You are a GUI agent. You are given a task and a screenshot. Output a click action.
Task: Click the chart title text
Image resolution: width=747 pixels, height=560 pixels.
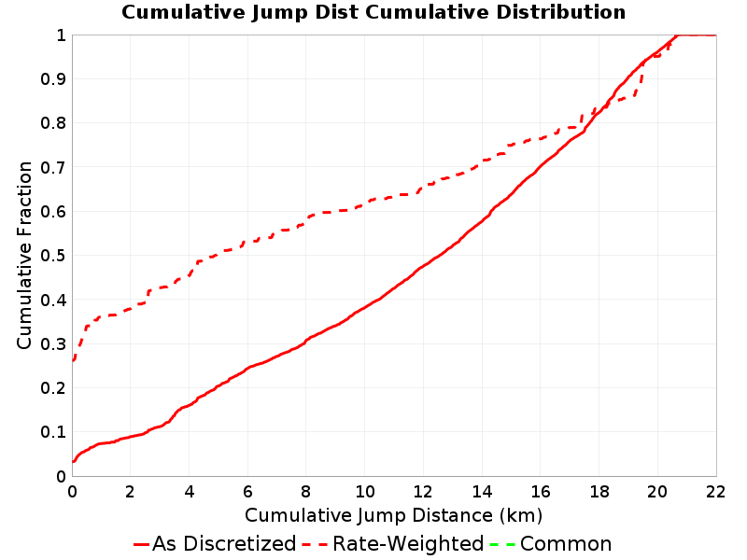(x=373, y=12)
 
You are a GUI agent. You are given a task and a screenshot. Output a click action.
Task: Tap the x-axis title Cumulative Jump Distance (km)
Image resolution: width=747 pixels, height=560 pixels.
(x=393, y=515)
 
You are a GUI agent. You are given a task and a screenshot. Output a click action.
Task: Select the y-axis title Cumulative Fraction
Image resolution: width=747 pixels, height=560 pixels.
(x=24, y=255)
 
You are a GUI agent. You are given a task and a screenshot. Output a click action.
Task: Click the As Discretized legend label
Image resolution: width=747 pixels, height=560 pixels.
(x=224, y=543)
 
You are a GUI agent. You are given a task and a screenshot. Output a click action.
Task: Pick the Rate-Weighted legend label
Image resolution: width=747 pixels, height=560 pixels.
(x=408, y=543)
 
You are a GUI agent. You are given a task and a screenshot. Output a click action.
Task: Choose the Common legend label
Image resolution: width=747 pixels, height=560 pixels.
(x=566, y=543)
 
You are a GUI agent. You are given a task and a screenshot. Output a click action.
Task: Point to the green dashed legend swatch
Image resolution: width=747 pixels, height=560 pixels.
(x=502, y=544)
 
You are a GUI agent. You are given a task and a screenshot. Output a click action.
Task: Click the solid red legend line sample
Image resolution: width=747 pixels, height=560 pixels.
(x=142, y=544)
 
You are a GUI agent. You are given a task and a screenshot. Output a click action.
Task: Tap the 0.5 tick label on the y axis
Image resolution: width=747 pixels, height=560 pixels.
(x=53, y=256)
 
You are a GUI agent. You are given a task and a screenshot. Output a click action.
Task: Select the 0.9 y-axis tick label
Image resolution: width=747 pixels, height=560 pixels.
(x=53, y=78)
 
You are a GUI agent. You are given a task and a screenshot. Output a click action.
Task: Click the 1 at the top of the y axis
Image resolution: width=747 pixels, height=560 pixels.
(x=61, y=35)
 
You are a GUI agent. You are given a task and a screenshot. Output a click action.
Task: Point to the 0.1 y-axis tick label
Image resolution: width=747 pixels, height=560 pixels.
(x=53, y=432)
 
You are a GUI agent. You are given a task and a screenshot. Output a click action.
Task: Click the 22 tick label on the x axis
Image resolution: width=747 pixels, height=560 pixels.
(x=715, y=492)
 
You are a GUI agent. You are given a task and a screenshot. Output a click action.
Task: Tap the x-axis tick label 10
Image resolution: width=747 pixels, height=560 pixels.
(x=364, y=492)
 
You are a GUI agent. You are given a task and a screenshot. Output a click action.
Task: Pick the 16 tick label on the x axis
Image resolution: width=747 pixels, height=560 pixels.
(x=541, y=492)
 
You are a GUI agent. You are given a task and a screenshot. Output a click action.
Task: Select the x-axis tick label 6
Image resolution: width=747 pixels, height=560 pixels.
(x=247, y=492)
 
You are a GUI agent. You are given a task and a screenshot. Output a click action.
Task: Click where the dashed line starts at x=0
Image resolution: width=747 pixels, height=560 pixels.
(x=73, y=360)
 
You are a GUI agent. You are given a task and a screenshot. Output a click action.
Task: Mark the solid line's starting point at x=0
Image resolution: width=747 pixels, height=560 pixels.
(x=73, y=461)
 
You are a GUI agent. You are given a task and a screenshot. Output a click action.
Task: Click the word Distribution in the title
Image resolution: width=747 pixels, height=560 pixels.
(x=561, y=12)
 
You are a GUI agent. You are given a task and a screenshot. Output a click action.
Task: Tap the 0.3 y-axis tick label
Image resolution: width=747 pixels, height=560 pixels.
(x=53, y=343)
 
